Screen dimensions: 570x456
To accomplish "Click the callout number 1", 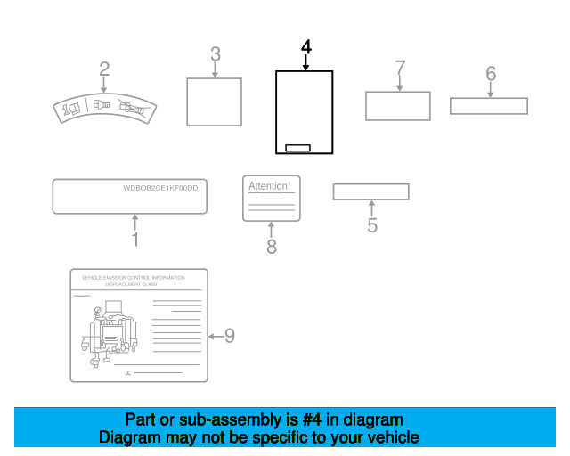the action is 134,240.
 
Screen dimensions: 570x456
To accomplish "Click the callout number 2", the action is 104,69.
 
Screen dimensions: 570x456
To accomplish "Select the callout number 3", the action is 215,53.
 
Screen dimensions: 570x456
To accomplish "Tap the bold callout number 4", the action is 305,46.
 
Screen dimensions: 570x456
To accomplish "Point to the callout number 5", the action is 371,225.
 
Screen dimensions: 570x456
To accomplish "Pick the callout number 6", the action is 490,74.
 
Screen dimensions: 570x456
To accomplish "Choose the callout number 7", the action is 400,68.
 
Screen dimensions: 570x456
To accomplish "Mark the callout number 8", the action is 272,247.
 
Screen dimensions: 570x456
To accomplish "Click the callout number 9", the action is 229,336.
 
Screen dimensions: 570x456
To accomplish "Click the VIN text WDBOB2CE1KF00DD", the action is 160,188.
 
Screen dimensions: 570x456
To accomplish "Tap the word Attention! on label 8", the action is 269,186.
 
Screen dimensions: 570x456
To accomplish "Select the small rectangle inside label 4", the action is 297,147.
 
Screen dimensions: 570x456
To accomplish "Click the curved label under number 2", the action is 104,110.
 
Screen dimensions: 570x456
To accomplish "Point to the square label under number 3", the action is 214,102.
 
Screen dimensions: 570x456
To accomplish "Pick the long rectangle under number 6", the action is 488,106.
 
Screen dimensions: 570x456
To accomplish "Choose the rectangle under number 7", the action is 397,105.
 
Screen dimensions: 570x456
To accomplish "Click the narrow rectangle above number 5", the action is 370,191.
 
